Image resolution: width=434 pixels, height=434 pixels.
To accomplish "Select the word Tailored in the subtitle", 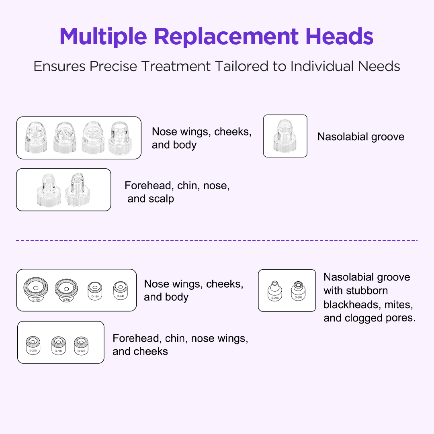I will coord(231,66).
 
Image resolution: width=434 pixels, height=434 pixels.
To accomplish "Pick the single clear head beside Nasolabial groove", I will coord(285,135).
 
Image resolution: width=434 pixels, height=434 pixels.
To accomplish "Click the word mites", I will coord(398,304).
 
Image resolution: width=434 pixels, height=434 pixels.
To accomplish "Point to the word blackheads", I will coord(351,304).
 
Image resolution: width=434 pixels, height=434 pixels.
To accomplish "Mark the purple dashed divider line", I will coord(217,240).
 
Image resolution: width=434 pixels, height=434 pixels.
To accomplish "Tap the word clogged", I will coord(364,318).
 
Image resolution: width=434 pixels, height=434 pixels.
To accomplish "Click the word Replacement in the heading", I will coord(226,37).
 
